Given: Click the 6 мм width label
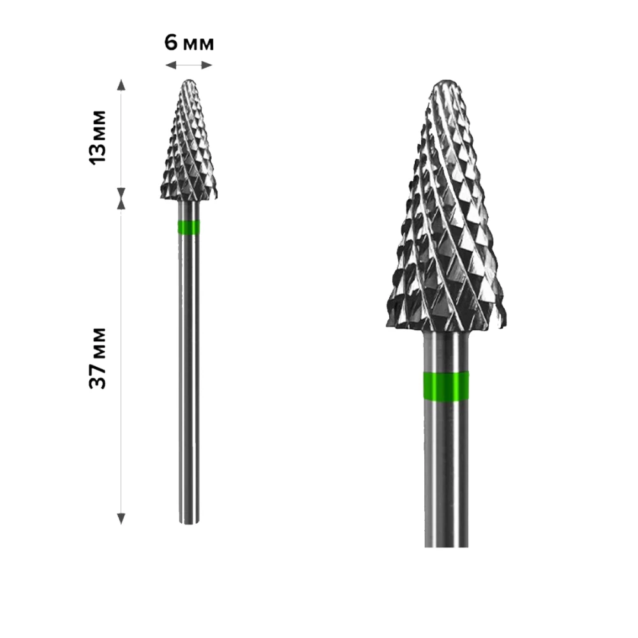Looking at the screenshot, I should click(189, 43).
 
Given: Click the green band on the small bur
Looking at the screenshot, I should click(188, 228).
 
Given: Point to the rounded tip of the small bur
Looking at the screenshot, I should click(188, 82).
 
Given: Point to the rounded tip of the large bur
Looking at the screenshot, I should click(446, 85).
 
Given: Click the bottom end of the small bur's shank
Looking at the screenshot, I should click(188, 522).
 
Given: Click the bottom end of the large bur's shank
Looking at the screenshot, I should click(446, 544).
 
